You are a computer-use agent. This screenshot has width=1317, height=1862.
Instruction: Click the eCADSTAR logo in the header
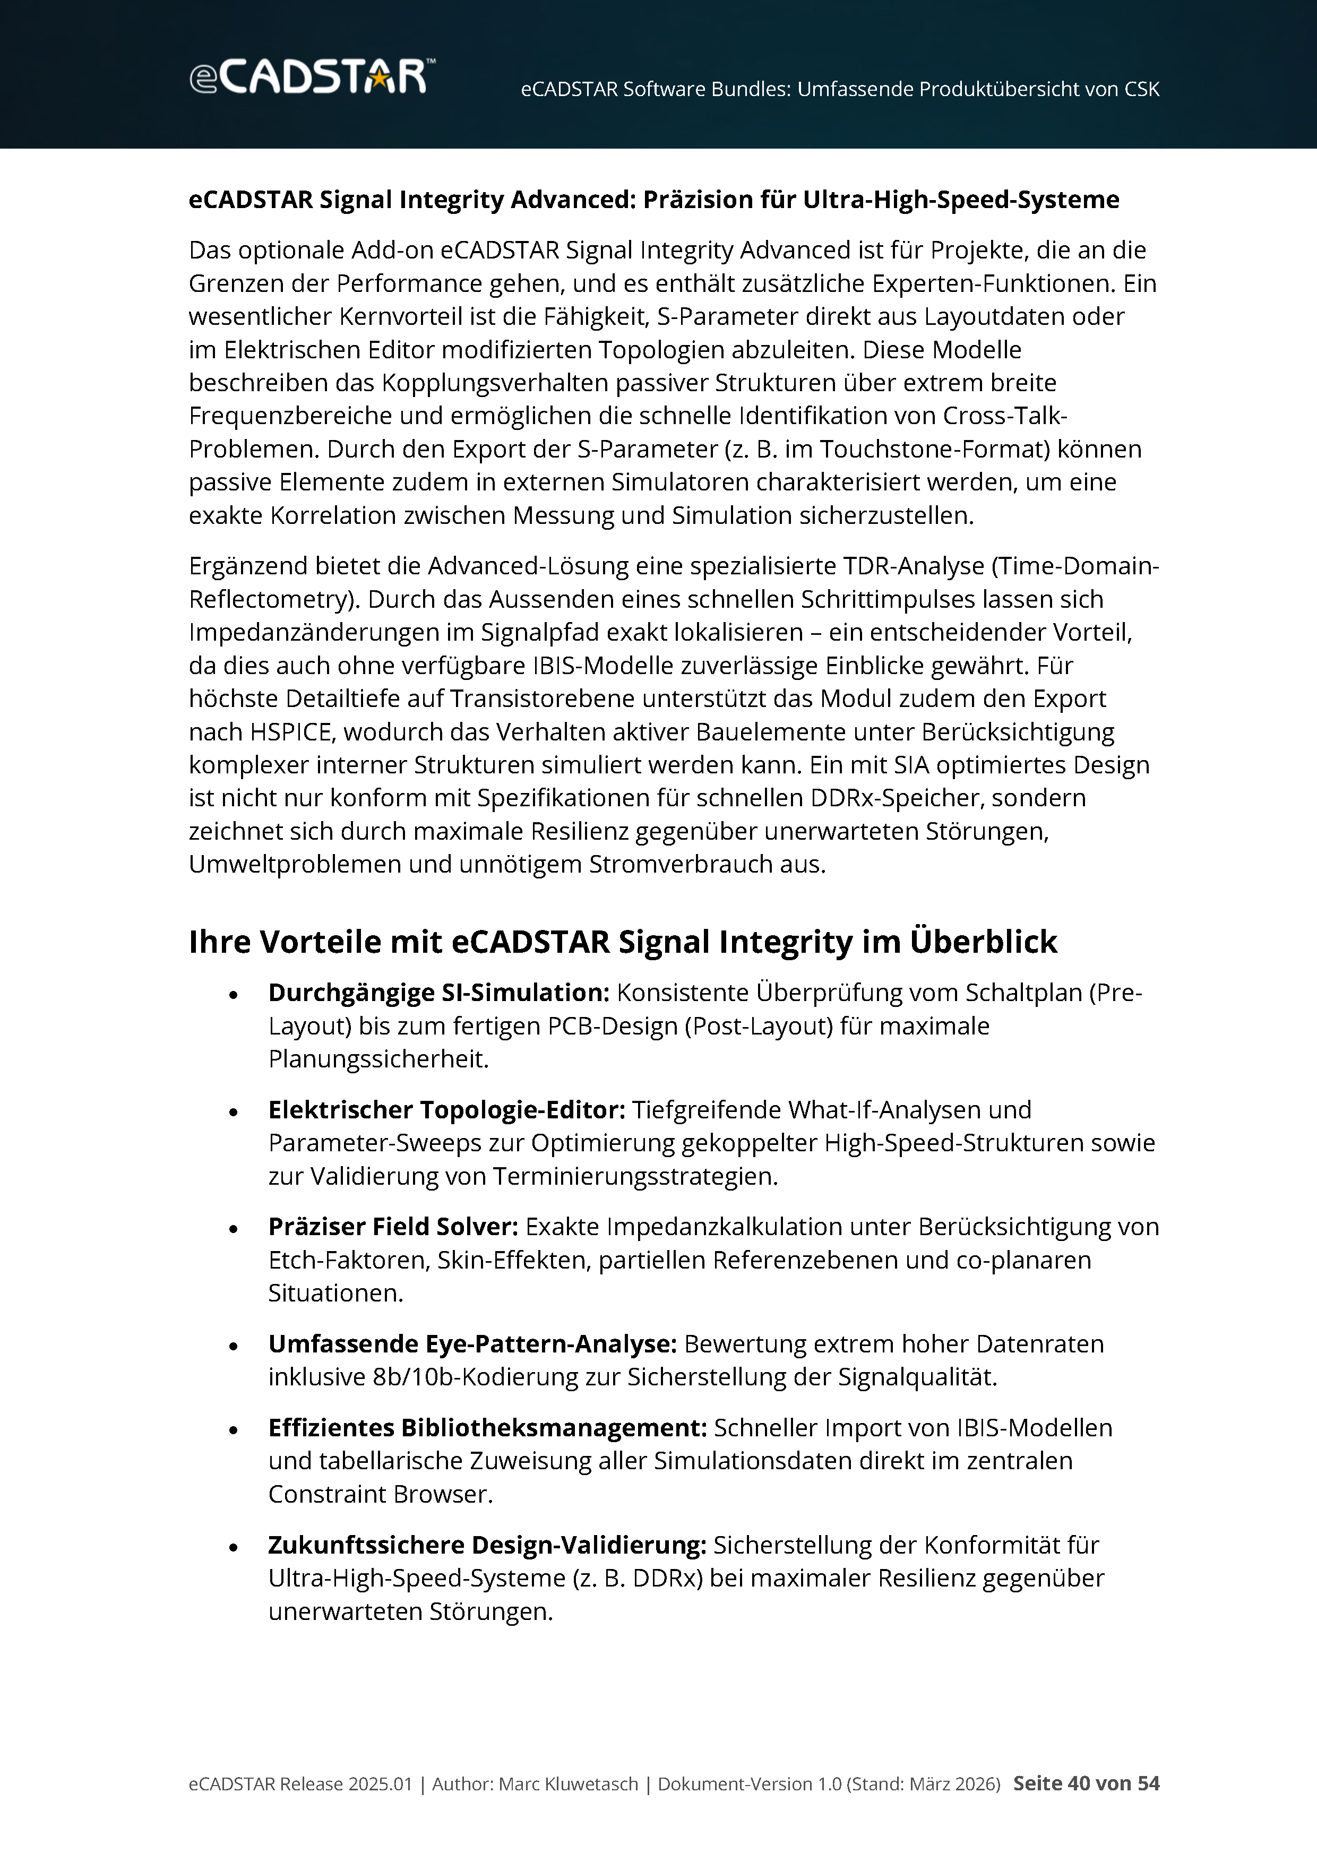click(312, 77)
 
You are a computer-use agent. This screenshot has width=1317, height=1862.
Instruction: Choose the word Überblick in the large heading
click(983, 942)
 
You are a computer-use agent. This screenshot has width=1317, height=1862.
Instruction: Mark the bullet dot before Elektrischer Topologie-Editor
click(234, 1113)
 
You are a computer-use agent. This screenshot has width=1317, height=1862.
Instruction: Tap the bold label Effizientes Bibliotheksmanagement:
click(487, 1428)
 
